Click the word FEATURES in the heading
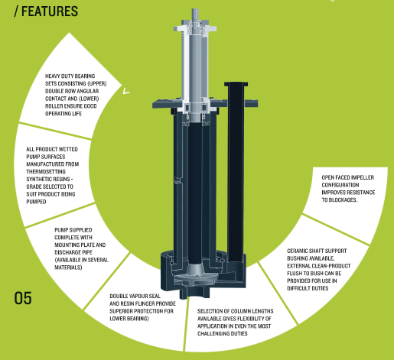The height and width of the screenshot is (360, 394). point(50,11)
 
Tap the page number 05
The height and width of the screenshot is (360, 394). point(23,298)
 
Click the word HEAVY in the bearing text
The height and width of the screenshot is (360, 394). point(52,76)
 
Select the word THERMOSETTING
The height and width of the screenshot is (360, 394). point(46,172)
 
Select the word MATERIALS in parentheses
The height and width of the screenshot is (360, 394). point(68,268)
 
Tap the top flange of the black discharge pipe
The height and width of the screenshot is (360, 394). point(236,84)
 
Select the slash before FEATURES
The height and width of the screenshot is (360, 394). point(17,11)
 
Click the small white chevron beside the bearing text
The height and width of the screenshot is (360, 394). point(126,91)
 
